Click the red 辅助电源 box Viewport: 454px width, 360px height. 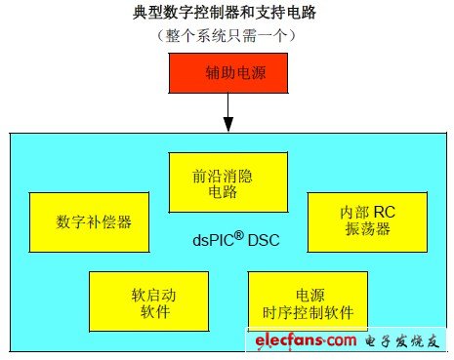(x=228, y=73)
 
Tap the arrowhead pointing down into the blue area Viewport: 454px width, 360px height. (x=228, y=124)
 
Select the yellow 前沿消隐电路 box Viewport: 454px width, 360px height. (x=228, y=181)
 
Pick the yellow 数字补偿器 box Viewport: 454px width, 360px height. (x=95, y=220)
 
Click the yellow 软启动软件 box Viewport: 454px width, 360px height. (x=148, y=301)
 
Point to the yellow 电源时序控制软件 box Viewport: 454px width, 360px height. (x=308, y=301)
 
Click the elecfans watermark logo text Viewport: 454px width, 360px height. (x=305, y=340)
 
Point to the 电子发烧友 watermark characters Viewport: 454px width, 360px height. (x=400, y=340)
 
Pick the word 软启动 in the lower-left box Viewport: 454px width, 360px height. (x=148, y=293)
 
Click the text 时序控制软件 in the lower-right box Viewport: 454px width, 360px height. (x=308, y=312)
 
